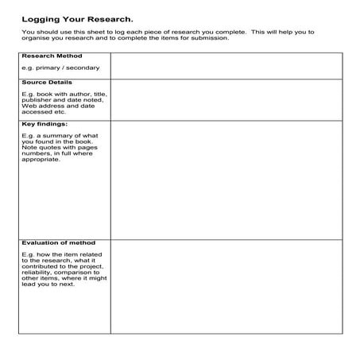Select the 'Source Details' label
[47, 82]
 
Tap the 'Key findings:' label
[45, 124]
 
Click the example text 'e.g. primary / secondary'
[60, 68]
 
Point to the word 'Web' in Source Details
[29, 106]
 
